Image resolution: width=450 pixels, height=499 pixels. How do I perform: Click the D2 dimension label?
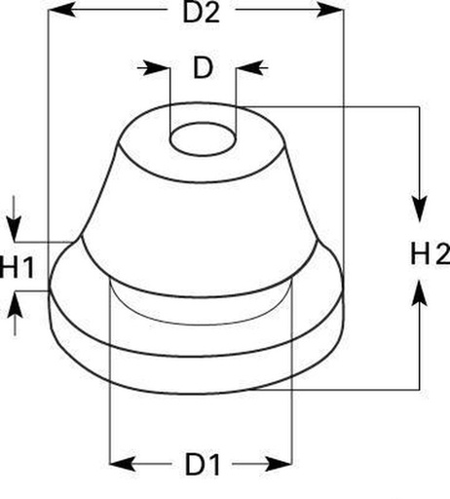(202, 14)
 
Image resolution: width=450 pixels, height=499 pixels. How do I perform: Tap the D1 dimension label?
(203, 464)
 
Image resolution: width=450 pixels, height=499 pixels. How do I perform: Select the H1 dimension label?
(17, 267)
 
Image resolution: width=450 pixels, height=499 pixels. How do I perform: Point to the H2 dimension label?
(430, 254)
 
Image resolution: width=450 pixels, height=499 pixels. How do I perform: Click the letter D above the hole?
(203, 68)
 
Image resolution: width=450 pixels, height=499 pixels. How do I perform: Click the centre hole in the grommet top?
(203, 139)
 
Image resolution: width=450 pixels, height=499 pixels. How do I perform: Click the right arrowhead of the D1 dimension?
(280, 464)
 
